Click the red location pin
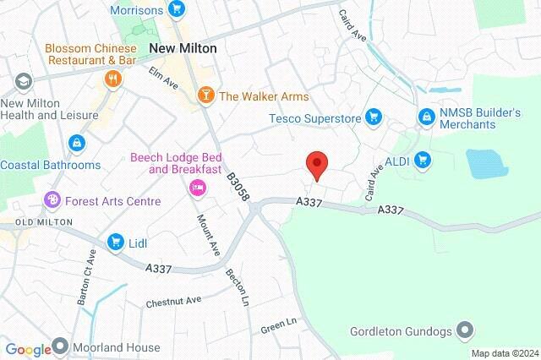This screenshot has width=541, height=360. (x=316, y=164)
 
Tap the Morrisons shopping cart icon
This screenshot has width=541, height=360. (x=177, y=9)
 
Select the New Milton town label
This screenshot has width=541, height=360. (x=183, y=48)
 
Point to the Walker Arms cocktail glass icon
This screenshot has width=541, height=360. (x=205, y=95)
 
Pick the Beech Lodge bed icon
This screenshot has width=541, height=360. (x=198, y=187)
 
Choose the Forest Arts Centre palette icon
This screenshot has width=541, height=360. (x=53, y=201)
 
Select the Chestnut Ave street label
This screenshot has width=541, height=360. (x=173, y=301)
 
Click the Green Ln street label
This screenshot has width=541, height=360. (x=280, y=324)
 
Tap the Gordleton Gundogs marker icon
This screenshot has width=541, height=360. (x=465, y=330)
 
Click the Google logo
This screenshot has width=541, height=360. (x=29, y=349)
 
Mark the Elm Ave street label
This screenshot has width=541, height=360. (x=166, y=79)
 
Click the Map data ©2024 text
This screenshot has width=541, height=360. (x=504, y=352)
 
